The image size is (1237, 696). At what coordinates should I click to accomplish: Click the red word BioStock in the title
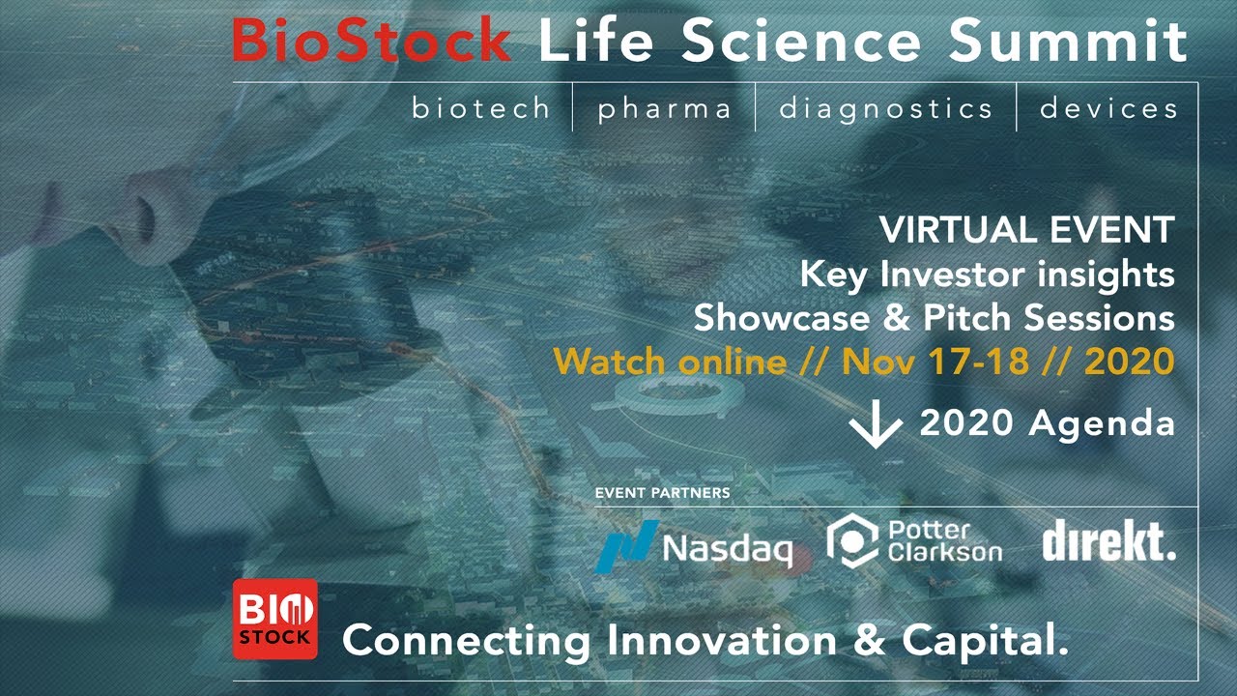372,40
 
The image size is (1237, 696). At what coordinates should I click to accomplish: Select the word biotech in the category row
481,107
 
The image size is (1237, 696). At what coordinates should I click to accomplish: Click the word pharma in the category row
665,109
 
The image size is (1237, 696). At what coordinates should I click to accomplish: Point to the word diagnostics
886,109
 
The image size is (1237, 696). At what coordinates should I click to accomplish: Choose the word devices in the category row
1108,107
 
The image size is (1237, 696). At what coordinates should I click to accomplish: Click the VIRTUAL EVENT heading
1027,229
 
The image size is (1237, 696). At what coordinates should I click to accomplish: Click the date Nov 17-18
935,362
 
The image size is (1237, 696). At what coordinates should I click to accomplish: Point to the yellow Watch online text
670,362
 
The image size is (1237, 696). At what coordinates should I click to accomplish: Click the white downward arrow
876,423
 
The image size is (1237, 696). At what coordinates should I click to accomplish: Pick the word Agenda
1102,424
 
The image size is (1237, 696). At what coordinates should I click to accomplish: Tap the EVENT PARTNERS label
663,493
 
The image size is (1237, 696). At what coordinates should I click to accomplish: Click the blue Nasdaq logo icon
627,546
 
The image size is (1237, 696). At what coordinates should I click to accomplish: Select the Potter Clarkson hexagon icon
852,540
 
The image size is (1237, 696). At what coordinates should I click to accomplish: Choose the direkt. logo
1108,539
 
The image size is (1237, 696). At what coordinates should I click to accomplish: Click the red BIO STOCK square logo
275,620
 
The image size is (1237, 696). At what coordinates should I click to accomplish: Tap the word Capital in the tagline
986,641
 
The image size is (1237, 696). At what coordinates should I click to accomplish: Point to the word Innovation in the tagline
722,640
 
